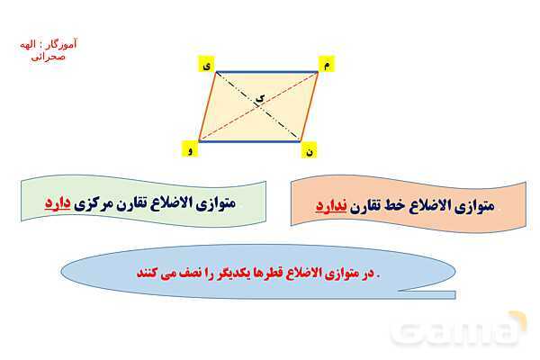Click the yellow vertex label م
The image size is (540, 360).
[326, 65]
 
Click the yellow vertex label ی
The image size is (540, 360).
[207, 65]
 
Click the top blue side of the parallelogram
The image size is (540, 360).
[266, 72]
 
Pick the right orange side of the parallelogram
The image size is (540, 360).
[310, 106]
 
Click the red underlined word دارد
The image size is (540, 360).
[61, 203]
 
